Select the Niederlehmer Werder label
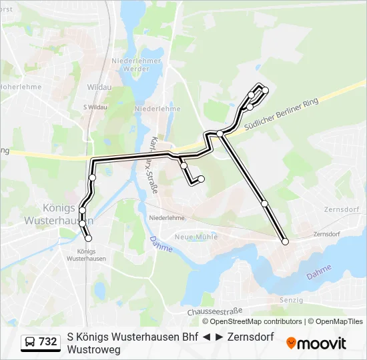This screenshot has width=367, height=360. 137,65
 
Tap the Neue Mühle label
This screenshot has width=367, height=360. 192,237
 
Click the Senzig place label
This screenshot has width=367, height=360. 292,300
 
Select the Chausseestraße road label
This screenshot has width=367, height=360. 214,311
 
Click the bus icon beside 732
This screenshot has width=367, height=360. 30,342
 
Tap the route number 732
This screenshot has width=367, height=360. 48,342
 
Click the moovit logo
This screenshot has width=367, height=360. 316,343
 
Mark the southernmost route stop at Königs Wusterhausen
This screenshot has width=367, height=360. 88,238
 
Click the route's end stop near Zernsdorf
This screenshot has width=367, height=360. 286,241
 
